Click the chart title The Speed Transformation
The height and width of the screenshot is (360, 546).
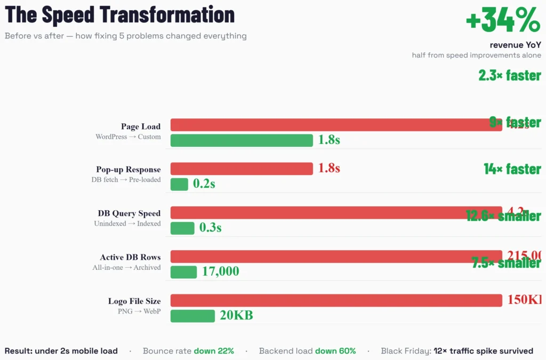119,14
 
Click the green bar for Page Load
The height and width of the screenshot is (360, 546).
242,140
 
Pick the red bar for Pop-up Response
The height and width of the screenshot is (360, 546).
242,169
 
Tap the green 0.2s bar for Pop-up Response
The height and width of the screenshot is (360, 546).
179,184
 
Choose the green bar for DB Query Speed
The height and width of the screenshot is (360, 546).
182,228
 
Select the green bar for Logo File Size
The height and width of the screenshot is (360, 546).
192,316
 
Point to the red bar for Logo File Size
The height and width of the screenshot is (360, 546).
336,300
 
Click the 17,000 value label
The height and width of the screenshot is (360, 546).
220,271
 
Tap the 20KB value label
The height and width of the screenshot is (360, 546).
236,315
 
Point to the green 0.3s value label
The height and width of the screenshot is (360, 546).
210,228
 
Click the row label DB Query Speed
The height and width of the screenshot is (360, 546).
129,213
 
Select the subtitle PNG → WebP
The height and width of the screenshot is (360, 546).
139,311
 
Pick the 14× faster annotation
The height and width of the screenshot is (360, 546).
512,169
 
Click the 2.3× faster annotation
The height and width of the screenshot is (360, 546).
509,75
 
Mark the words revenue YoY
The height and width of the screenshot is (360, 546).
515,45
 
